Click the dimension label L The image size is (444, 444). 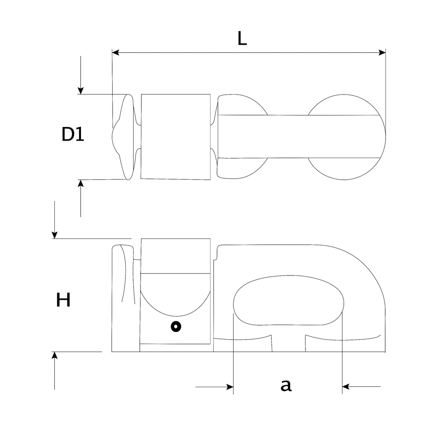242,38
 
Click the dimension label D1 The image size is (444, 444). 73,134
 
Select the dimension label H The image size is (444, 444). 63,300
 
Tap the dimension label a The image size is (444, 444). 286,385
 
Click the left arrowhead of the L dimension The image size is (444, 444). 116,52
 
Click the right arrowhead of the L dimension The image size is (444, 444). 382,52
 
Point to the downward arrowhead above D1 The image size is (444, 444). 81,90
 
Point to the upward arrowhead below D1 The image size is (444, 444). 81,183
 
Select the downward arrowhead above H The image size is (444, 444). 54,235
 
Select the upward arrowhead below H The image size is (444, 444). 54,355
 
